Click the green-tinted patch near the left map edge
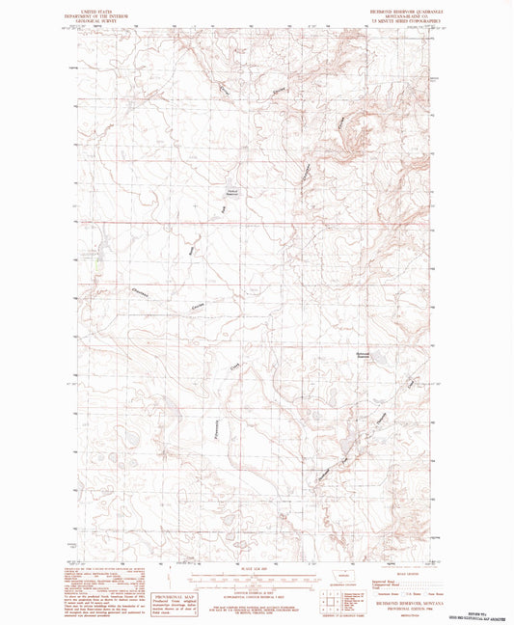coord(96,258)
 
